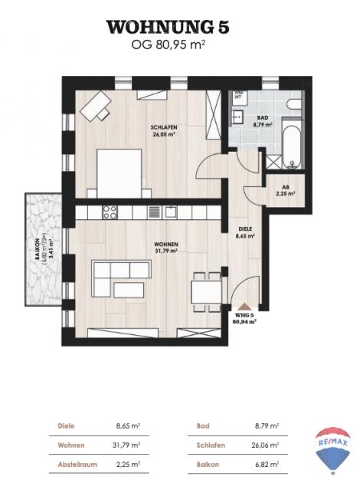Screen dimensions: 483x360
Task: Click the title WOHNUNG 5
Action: coord(167,28)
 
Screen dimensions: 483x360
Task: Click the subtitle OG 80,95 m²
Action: coord(167,45)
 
